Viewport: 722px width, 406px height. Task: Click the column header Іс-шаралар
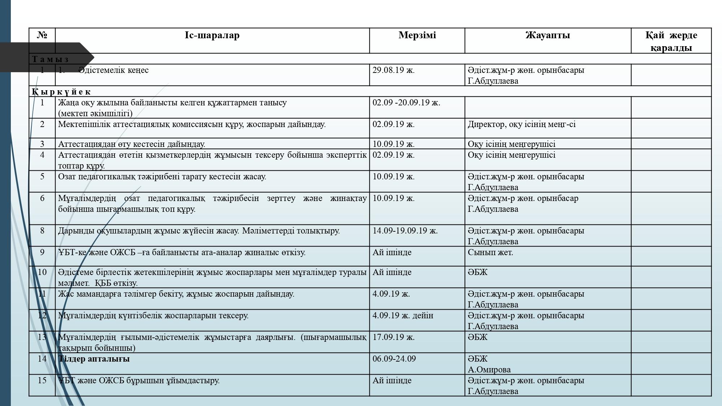(212, 35)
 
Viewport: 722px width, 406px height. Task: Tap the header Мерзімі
(417, 35)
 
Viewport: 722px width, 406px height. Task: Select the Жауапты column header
(548, 35)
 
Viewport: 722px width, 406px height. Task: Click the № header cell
(42, 35)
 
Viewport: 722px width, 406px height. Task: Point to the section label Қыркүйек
(61, 92)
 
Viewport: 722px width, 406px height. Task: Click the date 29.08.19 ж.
(393, 70)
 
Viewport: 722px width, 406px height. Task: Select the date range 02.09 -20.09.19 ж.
(406, 102)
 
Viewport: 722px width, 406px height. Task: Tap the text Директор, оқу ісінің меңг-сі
(522, 124)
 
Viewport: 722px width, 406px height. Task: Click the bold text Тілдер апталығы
(94, 359)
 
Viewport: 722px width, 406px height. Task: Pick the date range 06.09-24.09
(394, 359)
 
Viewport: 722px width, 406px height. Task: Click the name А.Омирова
(489, 370)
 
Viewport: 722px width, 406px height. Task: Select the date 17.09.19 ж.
(393, 337)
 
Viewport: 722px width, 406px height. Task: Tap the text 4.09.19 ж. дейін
(403, 315)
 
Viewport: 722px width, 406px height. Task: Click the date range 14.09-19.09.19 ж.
(405, 231)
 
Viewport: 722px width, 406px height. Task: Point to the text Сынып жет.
(490, 252)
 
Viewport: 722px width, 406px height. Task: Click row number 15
(42, 380)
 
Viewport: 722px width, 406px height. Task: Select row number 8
(42, 231)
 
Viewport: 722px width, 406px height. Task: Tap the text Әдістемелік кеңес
(113, 70)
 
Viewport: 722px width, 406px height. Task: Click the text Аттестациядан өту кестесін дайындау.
(131, 144)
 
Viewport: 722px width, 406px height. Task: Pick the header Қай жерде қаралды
(671, 42)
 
